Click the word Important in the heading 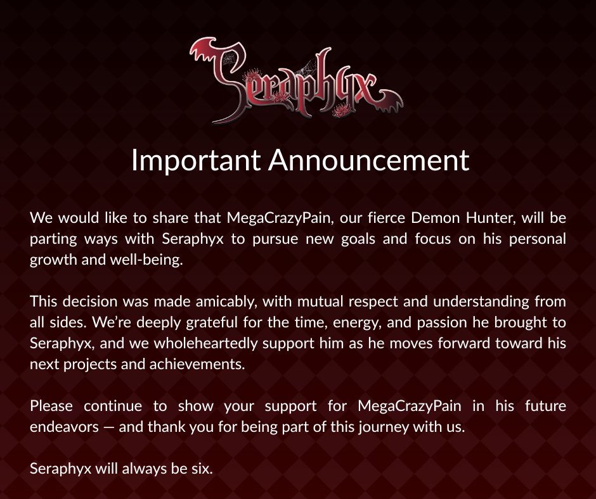[x=195, y=160]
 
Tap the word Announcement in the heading [x=368, y=160]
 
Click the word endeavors [x=64, y=426]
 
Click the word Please [x=51, y=405]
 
